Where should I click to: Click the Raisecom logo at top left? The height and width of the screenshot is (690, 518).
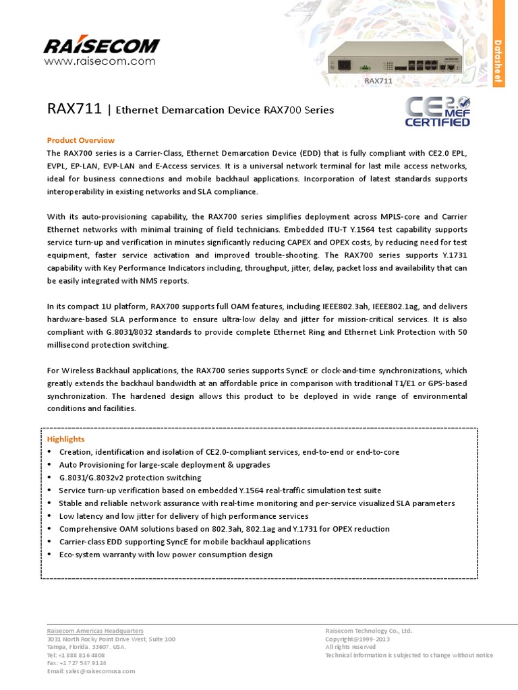[101, 45]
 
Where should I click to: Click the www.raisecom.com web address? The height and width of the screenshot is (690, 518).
[100, 61]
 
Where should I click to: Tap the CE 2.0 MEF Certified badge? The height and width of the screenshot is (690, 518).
[437, 111]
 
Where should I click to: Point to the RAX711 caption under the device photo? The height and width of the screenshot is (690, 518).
[378, 81]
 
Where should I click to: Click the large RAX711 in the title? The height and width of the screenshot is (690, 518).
[74, 108]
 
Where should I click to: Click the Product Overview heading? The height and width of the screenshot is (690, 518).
[80, 140]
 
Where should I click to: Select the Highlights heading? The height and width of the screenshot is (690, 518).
[65, 439]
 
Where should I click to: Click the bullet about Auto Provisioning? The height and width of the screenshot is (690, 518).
[165, 465]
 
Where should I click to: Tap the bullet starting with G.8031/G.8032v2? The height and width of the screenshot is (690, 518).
[129, 478]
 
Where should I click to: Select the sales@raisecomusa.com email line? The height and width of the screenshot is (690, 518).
[91, 671]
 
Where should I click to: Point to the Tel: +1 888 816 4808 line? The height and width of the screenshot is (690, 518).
[76, 655]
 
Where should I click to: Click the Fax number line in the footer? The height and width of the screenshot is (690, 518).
[76, 663]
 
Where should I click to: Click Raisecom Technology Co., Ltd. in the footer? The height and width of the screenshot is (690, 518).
[368, 631]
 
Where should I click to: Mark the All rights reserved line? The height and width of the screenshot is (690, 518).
[350, 647]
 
